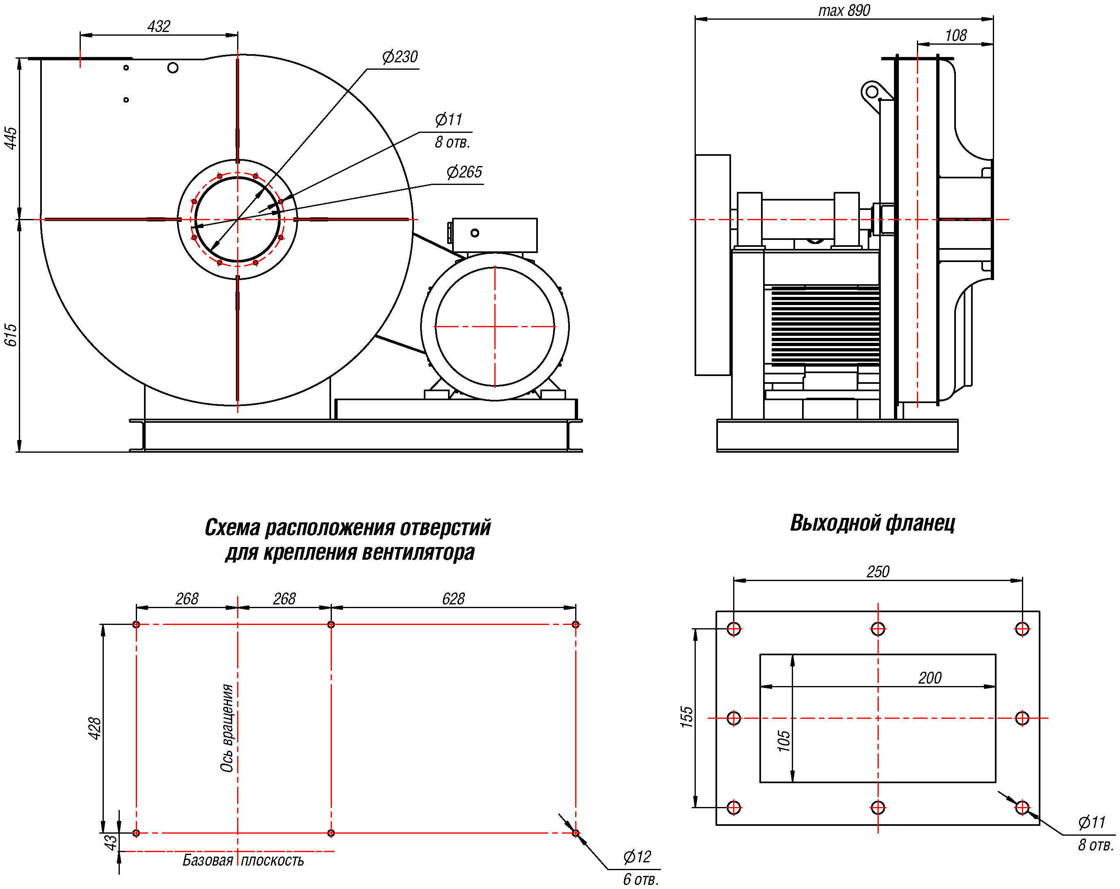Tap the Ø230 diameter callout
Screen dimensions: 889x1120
pyautogui.click(x=400, y=57)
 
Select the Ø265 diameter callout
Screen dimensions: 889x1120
pyautogui.click(x=464, y=172)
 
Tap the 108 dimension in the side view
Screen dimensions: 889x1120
pyautogui.click(x=955, y=35)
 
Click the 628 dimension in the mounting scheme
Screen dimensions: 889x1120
pyautogui.click(x=453, y=599)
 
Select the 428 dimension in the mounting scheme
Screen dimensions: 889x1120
pyautogui.click(x=94, y=728)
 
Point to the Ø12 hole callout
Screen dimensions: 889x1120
pyautogui.click(x=636, y=857)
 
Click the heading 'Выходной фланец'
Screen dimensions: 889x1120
pyautogui.click(x=872, y=523)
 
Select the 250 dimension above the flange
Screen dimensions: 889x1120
pyautogui.click(x=878, y=572)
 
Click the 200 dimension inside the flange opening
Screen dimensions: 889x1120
pyautogui.click(x=929, y=678)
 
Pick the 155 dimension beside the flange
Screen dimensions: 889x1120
pyautogui.click(x=687, y=717)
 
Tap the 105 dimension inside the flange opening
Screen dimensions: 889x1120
pyautogui.click(x=783, y=741)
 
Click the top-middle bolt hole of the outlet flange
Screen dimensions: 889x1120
pyautogui.click(x=878, y=629)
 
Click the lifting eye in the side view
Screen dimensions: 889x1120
pyautogui.click(x=872, y=92)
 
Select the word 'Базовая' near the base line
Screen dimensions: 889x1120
pyautogui.click(x=207, y=860)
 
